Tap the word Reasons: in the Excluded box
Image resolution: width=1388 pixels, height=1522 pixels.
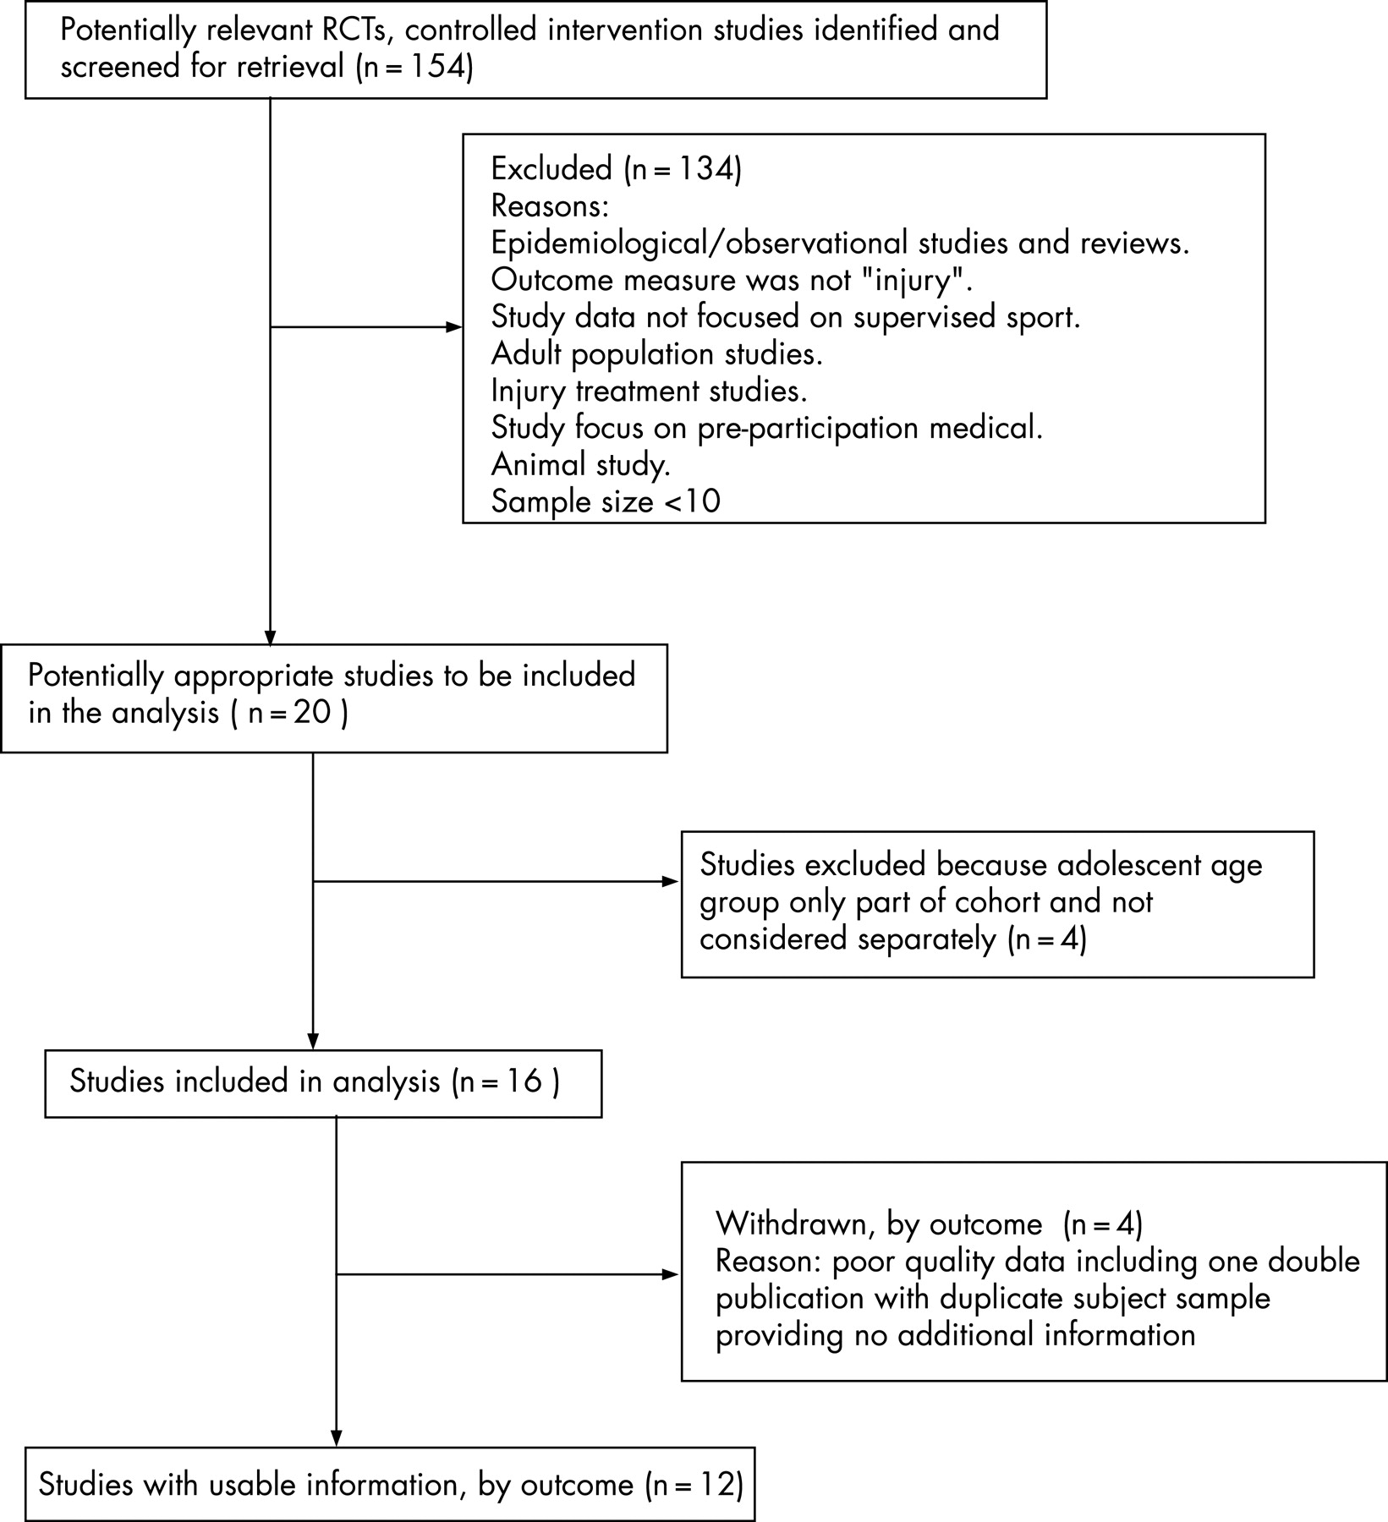[x=550, y=206]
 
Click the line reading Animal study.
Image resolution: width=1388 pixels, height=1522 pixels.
[x=581, y=465]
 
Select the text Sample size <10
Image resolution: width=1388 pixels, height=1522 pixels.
[x=606, y=502]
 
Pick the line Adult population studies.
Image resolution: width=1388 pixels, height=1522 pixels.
[x=657, y=354]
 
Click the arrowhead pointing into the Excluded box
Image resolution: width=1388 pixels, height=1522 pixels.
[x=454, y=328]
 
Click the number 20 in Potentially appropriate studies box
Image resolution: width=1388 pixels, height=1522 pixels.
[x=311, y=714]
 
